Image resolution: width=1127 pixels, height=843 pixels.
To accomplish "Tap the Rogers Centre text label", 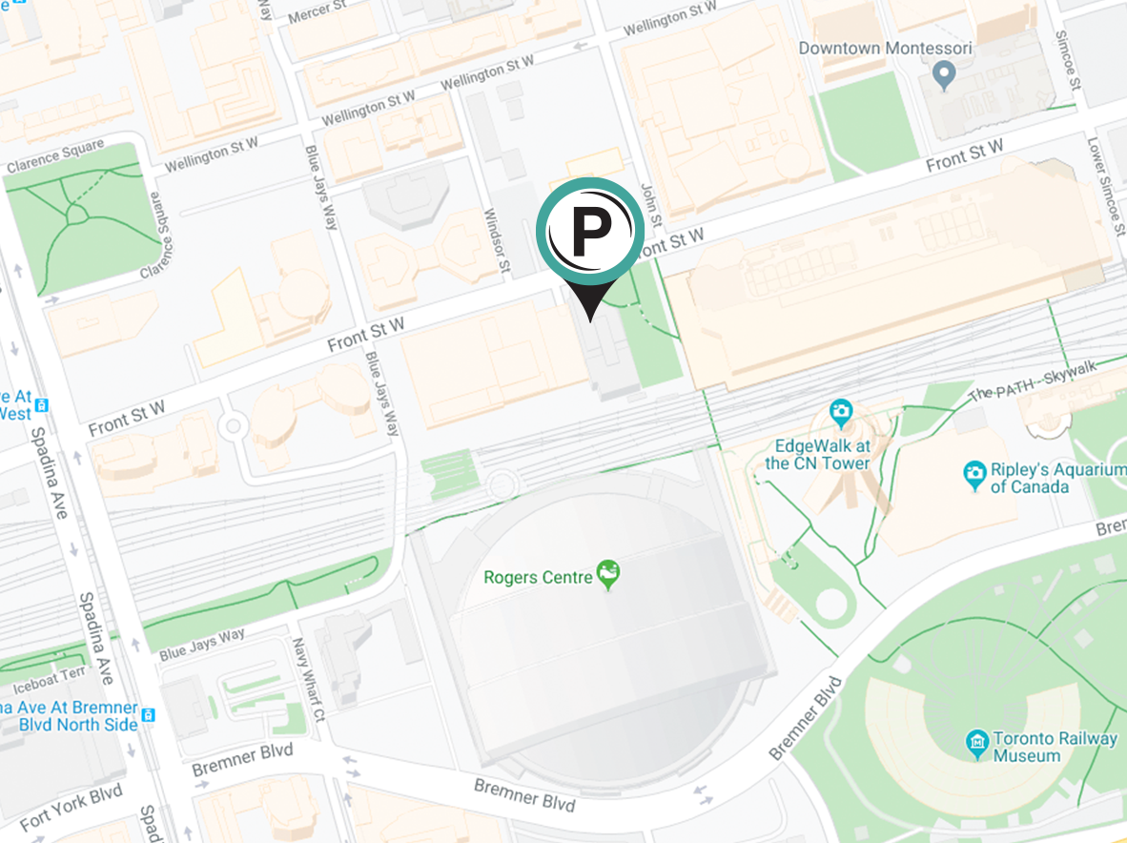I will tap(538, 577).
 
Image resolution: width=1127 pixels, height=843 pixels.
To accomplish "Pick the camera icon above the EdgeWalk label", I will tap(840, 413).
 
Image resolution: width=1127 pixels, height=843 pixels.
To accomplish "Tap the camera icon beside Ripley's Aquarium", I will tap(973, 474).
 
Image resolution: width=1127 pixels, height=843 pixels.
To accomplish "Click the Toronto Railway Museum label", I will tap(1055, 747).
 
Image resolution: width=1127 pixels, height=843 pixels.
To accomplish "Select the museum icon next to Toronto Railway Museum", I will tap(975, 741).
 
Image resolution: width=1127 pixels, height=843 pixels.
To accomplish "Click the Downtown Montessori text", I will tap(885, 48).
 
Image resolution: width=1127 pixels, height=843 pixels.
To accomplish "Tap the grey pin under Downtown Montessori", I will tap(943, 73).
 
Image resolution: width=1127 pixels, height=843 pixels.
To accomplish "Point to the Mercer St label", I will tap(318, 12).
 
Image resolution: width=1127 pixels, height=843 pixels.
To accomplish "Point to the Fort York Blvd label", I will tap(71, 807).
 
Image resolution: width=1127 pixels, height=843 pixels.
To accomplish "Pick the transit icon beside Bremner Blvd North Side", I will tap(147, 712).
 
